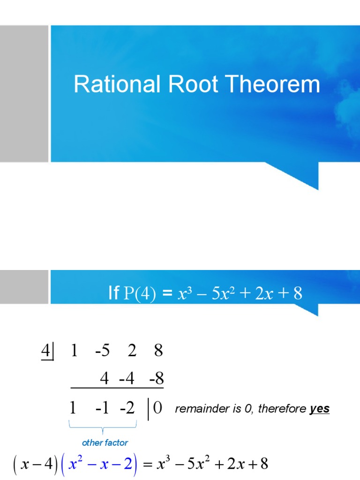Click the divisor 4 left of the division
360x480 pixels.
click(x=46, y=351)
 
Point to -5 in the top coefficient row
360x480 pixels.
click(x=102, y=351)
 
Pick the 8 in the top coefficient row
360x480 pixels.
click(x=158, y=351)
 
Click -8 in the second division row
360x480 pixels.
click(x=157, y=378)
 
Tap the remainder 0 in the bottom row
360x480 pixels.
click(x=157, y=408)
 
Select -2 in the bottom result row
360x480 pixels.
click(x=127, y=408)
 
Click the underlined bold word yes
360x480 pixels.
click(x=320, y=409)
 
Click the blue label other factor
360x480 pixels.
click(x=105, y=442)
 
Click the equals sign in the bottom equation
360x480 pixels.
click(x=148, y=465)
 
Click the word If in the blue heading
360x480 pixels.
click(x=114, y=294)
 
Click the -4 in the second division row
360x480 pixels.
click(x=127, y=378)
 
